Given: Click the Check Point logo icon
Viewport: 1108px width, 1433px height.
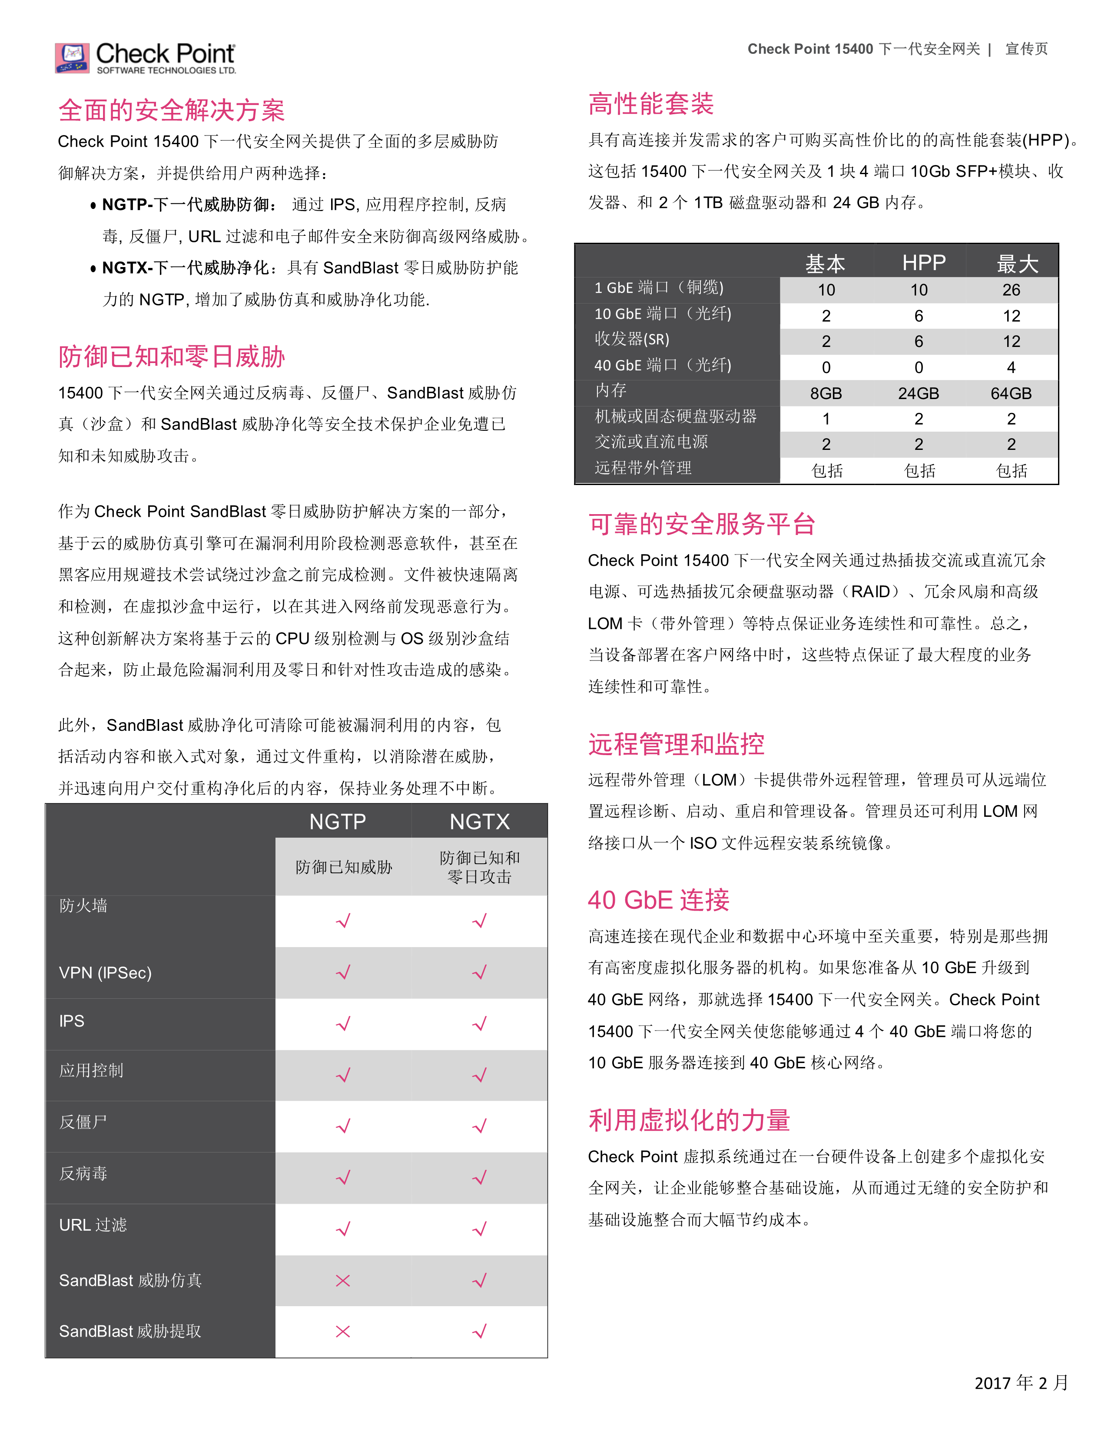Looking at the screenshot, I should point(72,58).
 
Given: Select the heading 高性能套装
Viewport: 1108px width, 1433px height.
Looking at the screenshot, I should point(650,104).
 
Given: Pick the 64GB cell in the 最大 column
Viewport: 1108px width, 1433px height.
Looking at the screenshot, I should point(1011,393).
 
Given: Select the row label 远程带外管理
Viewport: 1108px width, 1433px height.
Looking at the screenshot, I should point(643,468).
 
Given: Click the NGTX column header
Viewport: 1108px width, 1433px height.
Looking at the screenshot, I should point(479,822).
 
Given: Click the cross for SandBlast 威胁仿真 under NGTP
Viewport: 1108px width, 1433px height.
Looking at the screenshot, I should point(343,1280).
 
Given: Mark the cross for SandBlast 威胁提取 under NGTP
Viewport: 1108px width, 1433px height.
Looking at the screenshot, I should point(343,1331).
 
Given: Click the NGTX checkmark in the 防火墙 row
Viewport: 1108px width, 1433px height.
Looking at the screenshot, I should point(480,921).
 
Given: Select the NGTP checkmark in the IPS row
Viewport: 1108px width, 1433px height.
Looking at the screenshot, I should point(343,1024).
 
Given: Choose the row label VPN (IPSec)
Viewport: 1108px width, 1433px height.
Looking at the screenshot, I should point(105,972).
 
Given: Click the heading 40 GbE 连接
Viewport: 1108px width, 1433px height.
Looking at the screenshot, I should point(658,900).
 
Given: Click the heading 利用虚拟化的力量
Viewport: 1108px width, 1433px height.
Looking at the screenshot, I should point(689,1119).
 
